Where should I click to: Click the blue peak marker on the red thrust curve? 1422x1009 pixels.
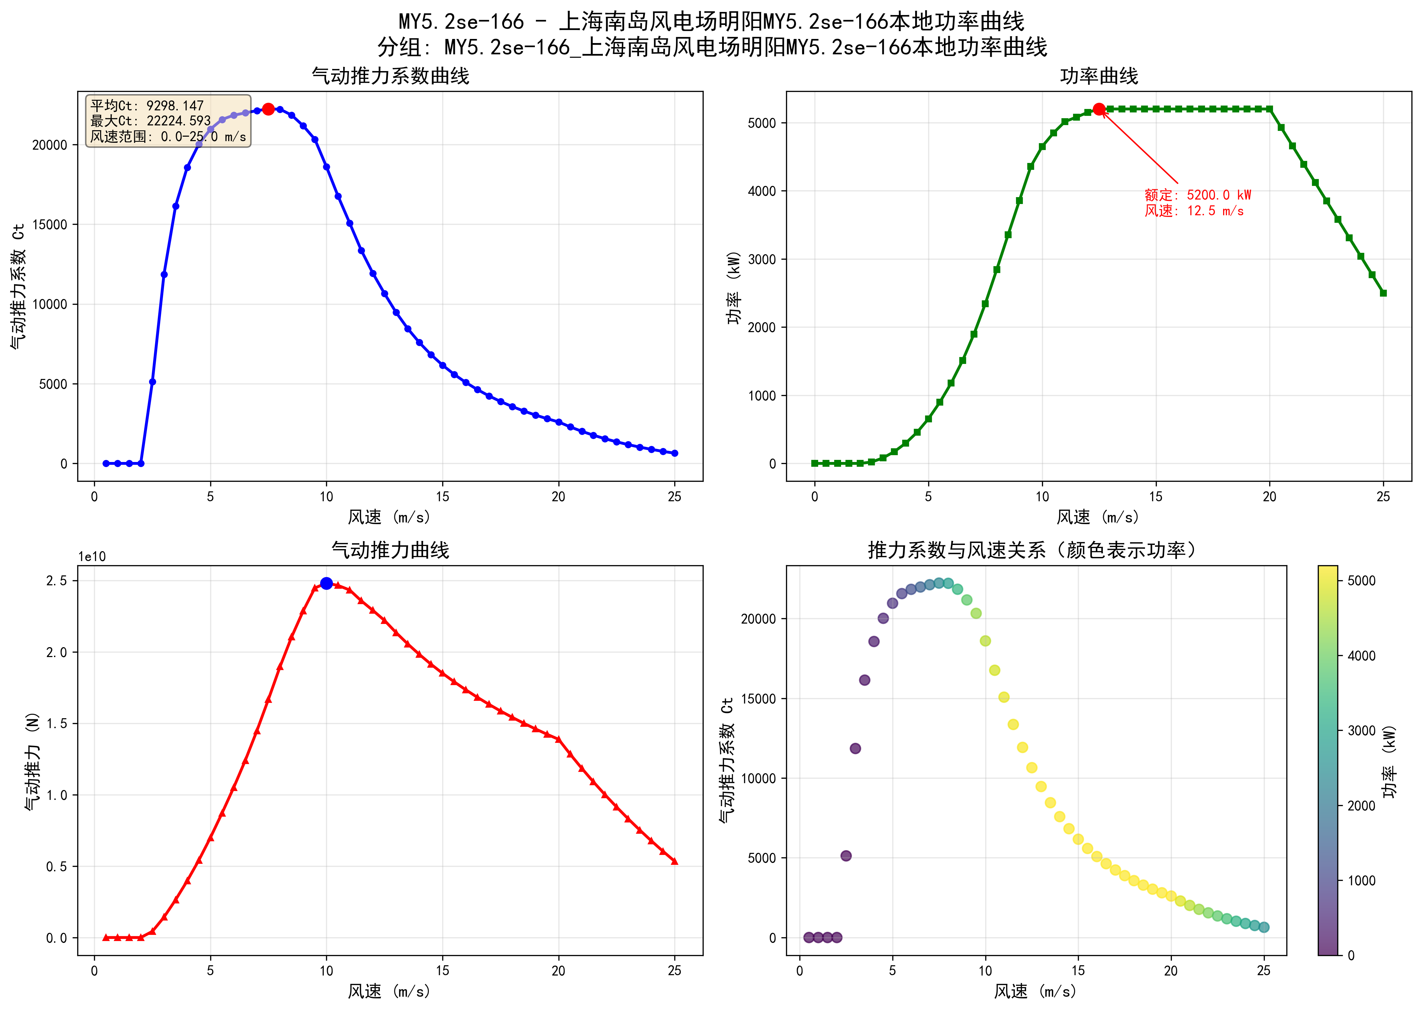326,583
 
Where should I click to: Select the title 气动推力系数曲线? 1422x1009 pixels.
390,76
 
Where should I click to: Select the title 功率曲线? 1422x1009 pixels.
1098,76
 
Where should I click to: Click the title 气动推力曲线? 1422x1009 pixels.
390,550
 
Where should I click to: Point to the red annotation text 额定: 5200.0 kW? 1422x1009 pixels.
1197,195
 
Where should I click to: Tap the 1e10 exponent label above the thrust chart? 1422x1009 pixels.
92,557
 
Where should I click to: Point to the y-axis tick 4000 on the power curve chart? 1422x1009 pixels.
762,191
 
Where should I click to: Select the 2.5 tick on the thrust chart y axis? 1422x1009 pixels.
57,580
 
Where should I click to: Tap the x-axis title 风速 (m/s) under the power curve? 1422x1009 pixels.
1098,517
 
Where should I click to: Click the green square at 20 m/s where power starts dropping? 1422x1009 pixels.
1269,109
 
